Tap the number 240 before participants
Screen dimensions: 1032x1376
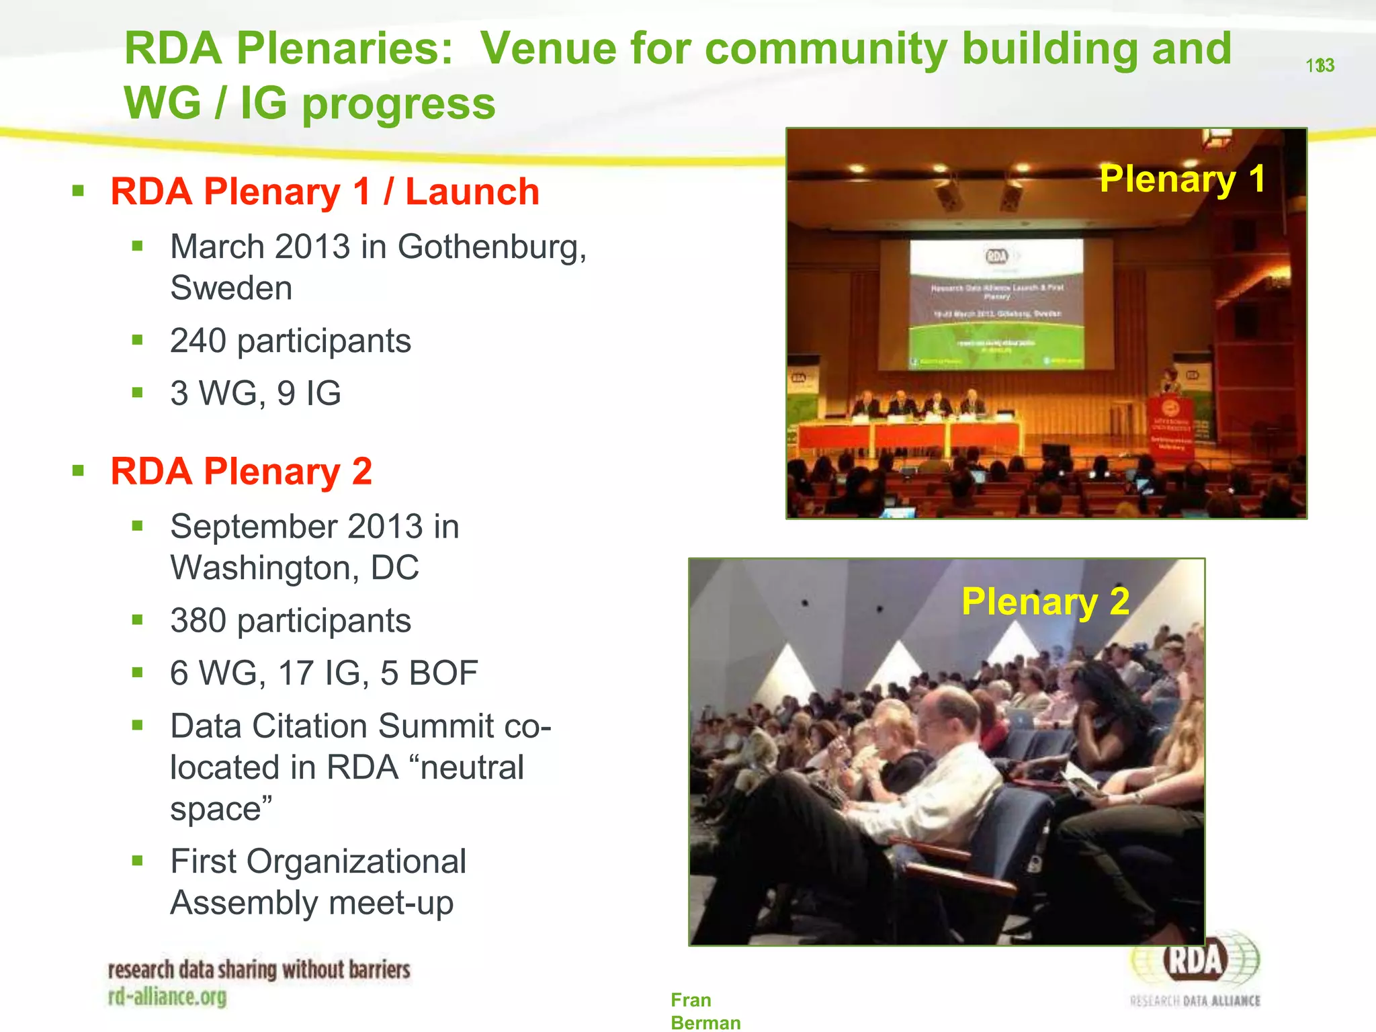click(x=198, y=341)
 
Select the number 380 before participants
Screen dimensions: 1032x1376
click(x=198, y=620)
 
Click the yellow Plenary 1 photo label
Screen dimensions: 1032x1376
click(x=1182, y=179)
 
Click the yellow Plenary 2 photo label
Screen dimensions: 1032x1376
click(x=1045, y=601)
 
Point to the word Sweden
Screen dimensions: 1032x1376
click(x=231, y=288)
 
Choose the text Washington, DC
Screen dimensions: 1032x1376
click(x=294, y=568)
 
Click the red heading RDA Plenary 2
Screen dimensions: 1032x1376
click(x=241, y=471)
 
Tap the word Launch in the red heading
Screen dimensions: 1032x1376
click(x=472, y=192)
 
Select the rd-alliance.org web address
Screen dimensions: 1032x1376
click(x=167, y=996)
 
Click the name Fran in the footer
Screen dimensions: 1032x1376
click(x=690, y=1000)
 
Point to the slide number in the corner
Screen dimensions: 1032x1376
click(x=1320, y=66)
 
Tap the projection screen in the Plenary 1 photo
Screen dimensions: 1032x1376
click(x=996, y=304)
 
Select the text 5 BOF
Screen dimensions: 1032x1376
click(x=429, y=673)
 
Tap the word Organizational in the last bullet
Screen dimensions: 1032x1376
click(x=356, y=861)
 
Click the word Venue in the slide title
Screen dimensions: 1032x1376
click(x=549, y=48)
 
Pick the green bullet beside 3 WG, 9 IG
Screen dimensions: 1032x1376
click(x=138, y=392)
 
